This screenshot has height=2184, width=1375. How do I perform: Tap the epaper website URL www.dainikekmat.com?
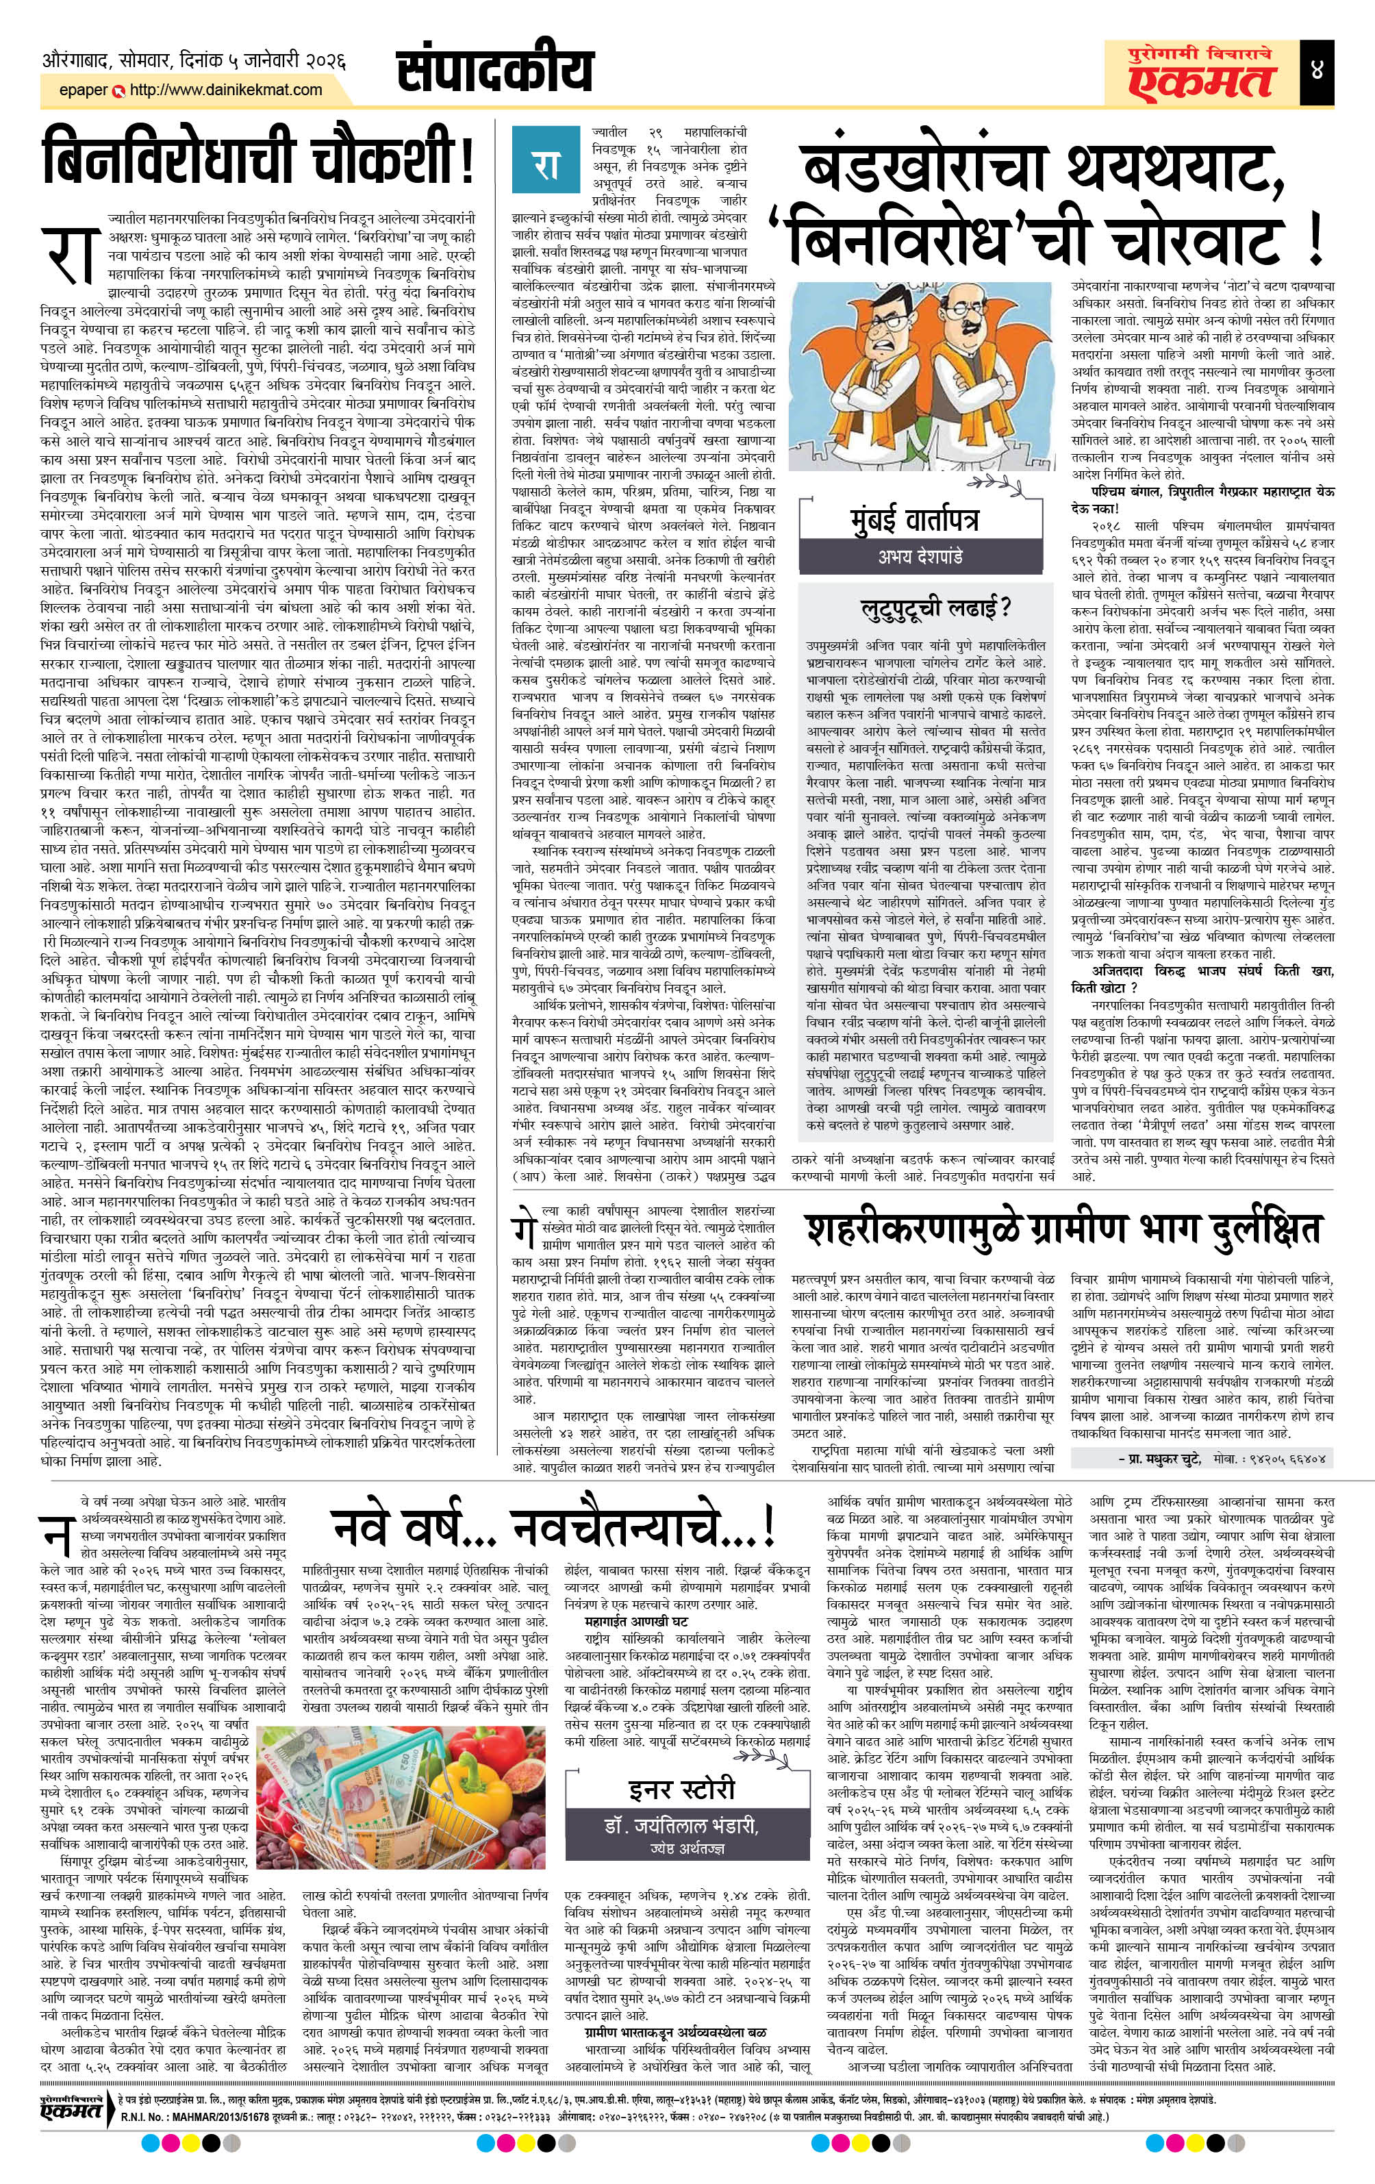(226, 90)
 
